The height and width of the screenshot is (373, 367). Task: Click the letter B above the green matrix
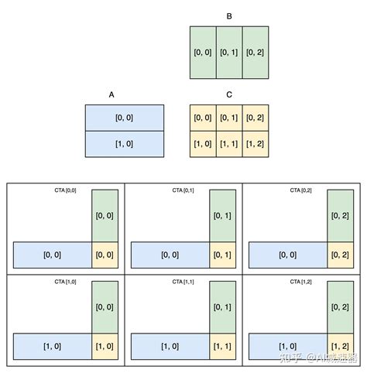point(229,15)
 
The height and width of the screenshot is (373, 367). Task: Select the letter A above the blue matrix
point(111,94)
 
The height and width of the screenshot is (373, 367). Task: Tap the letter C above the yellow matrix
point(229,94)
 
